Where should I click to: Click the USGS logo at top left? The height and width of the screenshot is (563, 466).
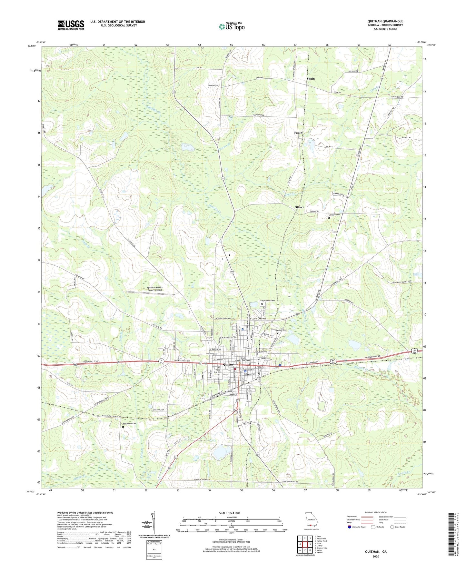coord(71,25)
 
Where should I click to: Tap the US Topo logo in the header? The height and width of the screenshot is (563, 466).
coord(231,26)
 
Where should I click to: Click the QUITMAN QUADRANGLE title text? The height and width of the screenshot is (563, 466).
coord(385,21)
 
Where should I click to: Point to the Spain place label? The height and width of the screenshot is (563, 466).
coord(311,79)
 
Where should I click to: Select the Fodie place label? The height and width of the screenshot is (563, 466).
coord(298,133)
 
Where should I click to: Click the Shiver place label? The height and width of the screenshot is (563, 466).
coord(299,207)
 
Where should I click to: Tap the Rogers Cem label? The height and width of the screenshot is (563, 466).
coord(214,85)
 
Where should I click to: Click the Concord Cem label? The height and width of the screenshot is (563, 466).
coord(334,215)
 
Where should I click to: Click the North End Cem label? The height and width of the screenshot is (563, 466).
coord(268,301)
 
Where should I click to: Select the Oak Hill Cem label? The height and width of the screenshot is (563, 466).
coord(281,330)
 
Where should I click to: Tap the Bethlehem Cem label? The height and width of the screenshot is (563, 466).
coord(129,423)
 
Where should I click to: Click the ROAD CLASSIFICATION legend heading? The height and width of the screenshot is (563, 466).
coord(376,512)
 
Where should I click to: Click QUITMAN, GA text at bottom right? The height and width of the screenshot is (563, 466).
coord(376,552)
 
